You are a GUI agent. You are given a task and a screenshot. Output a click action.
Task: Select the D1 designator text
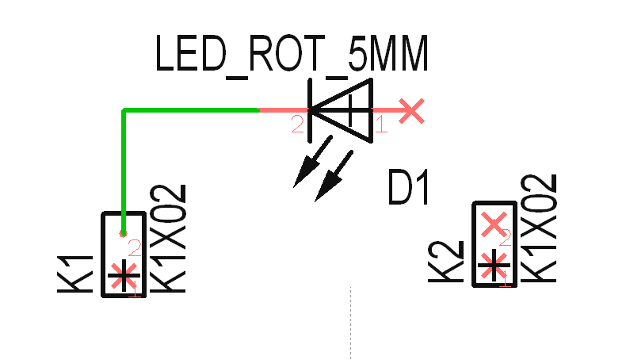click(409, 189)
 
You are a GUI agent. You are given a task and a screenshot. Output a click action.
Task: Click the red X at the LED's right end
click(410, 110)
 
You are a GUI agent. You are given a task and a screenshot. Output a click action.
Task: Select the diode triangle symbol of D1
click(341, 110)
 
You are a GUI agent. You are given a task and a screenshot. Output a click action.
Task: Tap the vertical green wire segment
click(124, 170)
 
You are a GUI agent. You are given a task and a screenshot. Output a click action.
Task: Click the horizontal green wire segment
click(190, 110)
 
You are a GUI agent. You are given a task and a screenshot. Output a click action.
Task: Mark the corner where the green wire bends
click(124, 110)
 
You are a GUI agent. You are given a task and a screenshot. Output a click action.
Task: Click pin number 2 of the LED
click(297, 124)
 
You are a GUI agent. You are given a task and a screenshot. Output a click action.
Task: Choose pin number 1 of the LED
click(380, 124)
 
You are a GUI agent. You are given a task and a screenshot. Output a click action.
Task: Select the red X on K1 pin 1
click(122, 276)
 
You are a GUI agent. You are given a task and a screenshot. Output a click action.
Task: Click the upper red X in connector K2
click(494, 224)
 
